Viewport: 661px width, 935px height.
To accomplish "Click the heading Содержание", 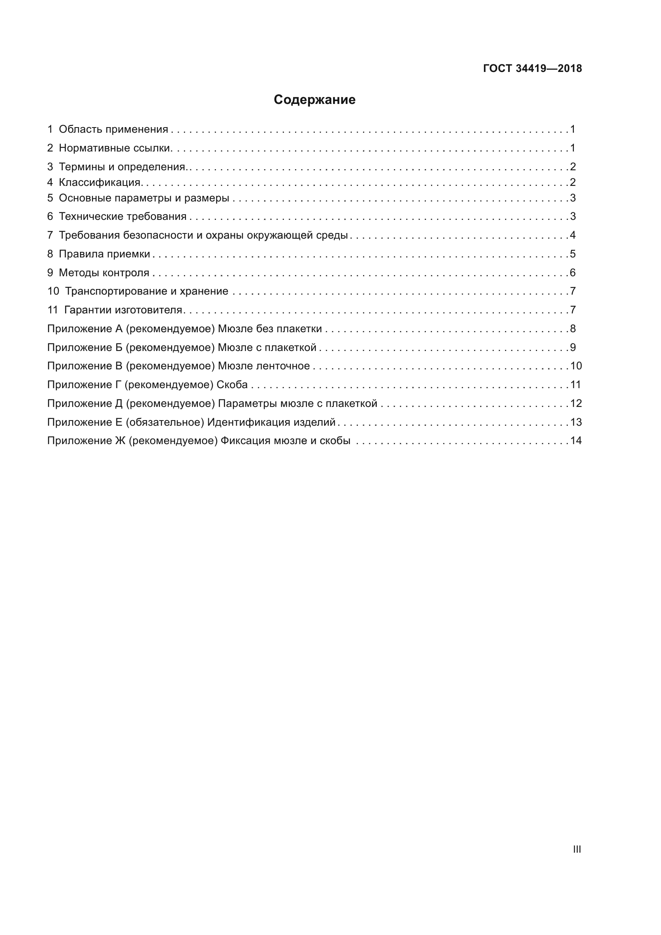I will pyautogui.click(x=314, y=100).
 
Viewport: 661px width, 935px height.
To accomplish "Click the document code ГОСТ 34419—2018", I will pyautogui.click(x=532, y=68).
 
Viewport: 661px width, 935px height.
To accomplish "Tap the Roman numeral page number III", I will pyautogui.click(x=577, y=849).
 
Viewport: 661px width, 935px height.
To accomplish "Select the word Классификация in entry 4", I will pyautogui.click(x=100, y=182).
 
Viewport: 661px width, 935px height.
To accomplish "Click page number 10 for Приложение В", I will pyautogui.click(x=576, y=366).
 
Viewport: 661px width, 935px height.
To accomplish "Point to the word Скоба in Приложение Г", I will pyautogui.click(x=232, y=385).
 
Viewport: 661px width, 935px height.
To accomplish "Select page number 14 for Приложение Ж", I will pyautogui.click(x=576, y=441).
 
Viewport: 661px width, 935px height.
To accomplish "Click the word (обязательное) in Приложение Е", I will pyautogui.click(x=164, y=422).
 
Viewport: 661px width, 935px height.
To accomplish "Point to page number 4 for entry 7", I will pyautogui.click(x=573, y=235).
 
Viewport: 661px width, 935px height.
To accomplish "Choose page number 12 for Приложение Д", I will pyautogui.click(x=576, y=404).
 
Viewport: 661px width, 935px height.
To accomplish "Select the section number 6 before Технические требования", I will pyautogui.click(x=50, y=216).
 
